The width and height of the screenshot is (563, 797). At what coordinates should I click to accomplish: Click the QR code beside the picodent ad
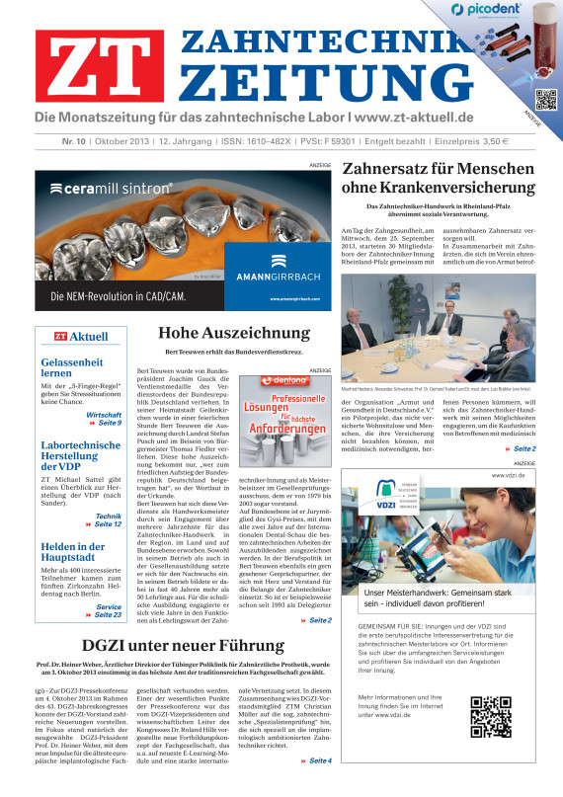pyautogui.click(x=542, y=99)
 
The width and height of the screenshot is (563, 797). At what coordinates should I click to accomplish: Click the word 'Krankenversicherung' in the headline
pyautogui.click(x=438, y=188)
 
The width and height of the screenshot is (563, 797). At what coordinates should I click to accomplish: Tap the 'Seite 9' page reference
pyautogui.click(x=104, y=422)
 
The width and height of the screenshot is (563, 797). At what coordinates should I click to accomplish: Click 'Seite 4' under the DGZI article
pyautogui.click(x=316, y=789)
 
